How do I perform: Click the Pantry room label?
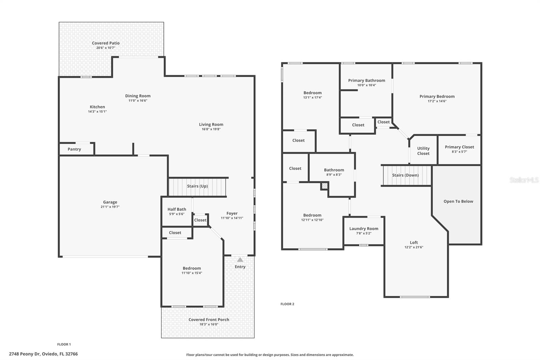coord(74,149)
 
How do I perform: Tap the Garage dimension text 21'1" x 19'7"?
coord(110,207)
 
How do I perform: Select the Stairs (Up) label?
coord(197,186)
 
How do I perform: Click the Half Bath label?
coord(177,209)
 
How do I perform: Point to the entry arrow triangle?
coord(240,260)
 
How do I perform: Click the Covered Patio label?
coord(106,43)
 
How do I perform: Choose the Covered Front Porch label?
coord(209,319)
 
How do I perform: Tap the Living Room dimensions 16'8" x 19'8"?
coord(211,129)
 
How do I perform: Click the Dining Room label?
coord(138,96)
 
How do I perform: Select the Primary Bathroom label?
coord(367,80)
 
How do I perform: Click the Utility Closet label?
coord(423,151)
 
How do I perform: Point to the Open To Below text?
coord(458,201)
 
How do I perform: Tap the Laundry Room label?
coord(363,229)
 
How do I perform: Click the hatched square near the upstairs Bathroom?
coord(324,186)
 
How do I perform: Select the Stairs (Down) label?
coord(405,175)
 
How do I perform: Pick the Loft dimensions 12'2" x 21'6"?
coord(414,247)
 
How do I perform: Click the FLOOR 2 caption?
coord(287,304)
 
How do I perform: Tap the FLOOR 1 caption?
coord(64,344)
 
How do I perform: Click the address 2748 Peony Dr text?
coord(43,354)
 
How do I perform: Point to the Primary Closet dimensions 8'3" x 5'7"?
coord(459,152)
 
